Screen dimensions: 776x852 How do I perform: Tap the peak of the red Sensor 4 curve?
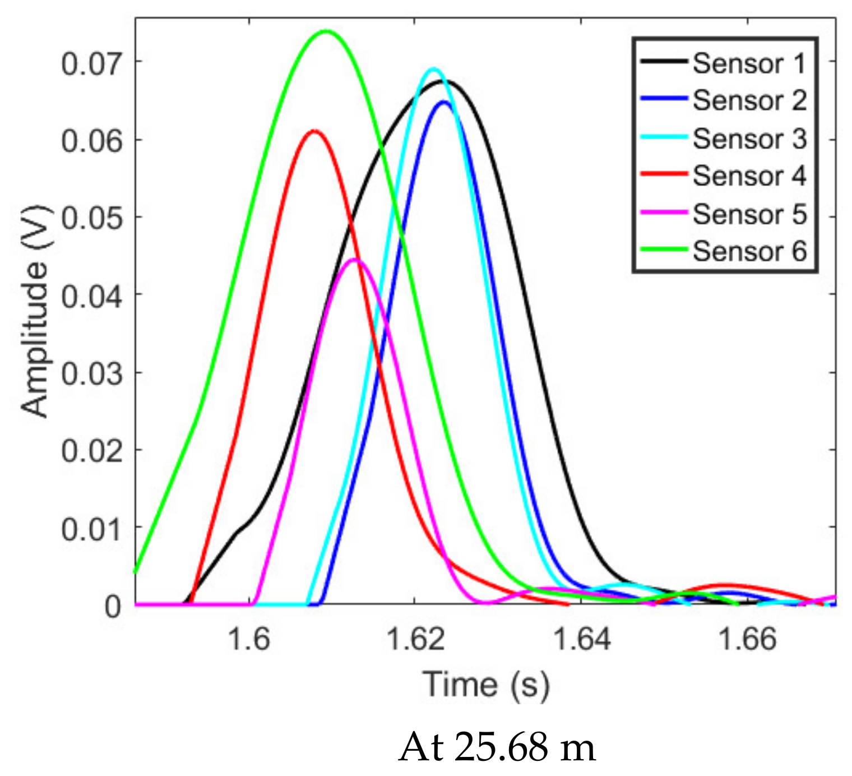click(x=314, y=131)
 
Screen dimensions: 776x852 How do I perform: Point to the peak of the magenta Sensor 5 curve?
click(x=354, y=260)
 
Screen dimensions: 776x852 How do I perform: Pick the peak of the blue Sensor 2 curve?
click(x=444, y=102)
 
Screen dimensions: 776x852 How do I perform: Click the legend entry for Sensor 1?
click(x=749, y=63)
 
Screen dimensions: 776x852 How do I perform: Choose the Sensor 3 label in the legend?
click(x=749, y=138)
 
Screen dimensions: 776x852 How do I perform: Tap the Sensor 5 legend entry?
click(x=749, y=214)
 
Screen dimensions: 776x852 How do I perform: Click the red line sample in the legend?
click(x=664, y=174)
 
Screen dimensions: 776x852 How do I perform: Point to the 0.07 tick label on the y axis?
click(x=91, y=63)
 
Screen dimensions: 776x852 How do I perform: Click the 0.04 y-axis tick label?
click(x=91, y=295)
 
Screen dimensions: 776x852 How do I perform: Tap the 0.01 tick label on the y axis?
click(x=91, y=529)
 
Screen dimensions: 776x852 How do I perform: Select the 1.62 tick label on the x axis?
click(x=415, y=639)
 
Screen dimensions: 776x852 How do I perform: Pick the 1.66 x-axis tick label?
click(x=748, y=639)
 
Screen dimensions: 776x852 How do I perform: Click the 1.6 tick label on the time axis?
click(x=249, y=639)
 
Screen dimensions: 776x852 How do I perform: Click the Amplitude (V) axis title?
click(x=35, y=311)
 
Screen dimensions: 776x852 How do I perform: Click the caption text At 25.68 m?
click(x=497, y=747)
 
